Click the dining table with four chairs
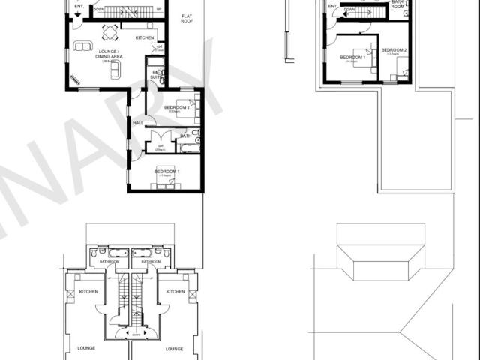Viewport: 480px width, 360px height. (x=110, y=31)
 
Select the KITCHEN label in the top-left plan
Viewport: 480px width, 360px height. (x=145, y=37)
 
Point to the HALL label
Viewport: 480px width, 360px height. (x=138, y=123)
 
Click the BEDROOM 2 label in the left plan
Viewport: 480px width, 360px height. (x=177, y=108)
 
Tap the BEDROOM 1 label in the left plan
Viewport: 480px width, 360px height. (x=167, y=172)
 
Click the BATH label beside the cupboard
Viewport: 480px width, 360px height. (x=185, y=136)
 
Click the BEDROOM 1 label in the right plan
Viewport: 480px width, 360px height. (x=352, y=58)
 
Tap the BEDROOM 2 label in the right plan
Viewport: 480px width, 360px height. (x=394, y=50)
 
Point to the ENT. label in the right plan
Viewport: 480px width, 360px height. (x=332, y=6)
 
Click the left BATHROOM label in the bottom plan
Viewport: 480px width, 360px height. (x=109, y=262)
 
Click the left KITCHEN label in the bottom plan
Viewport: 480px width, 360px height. (x=88, y=292)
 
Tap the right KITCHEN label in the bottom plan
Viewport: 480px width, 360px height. (x=175, y=292)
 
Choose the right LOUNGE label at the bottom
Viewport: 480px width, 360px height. (x=174, y=348)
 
